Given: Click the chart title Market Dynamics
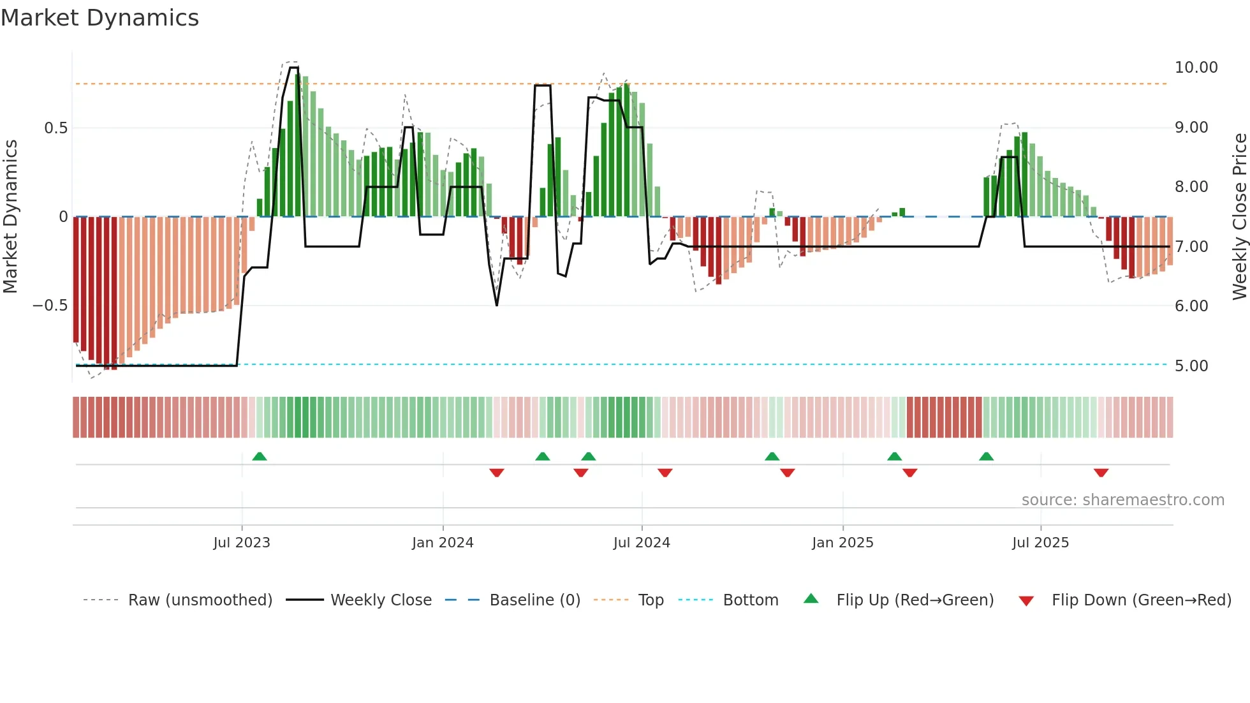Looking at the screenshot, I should (x=100, y=18).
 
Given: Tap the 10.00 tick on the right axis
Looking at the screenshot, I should (x=1196, y=68).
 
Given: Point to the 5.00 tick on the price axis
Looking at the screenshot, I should (x=1191, y=366).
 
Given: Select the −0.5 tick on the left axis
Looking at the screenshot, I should (x=50, y=306).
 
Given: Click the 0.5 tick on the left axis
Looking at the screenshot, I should (x=55, y=128).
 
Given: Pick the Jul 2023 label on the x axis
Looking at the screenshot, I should (x=242, y=543).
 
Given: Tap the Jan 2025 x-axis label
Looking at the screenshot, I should (x=842, y=543).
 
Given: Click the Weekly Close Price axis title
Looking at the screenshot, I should (x=1239, y=216).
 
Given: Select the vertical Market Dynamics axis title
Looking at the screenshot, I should (x=10, y=216).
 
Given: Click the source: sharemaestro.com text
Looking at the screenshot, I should (x=1122, y=500).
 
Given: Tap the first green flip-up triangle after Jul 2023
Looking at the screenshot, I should (x=260, y=457).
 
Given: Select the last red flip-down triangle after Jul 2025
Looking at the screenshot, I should (x=1101, y=473).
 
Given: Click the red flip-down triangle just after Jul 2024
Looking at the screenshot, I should (x=665, y=473).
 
